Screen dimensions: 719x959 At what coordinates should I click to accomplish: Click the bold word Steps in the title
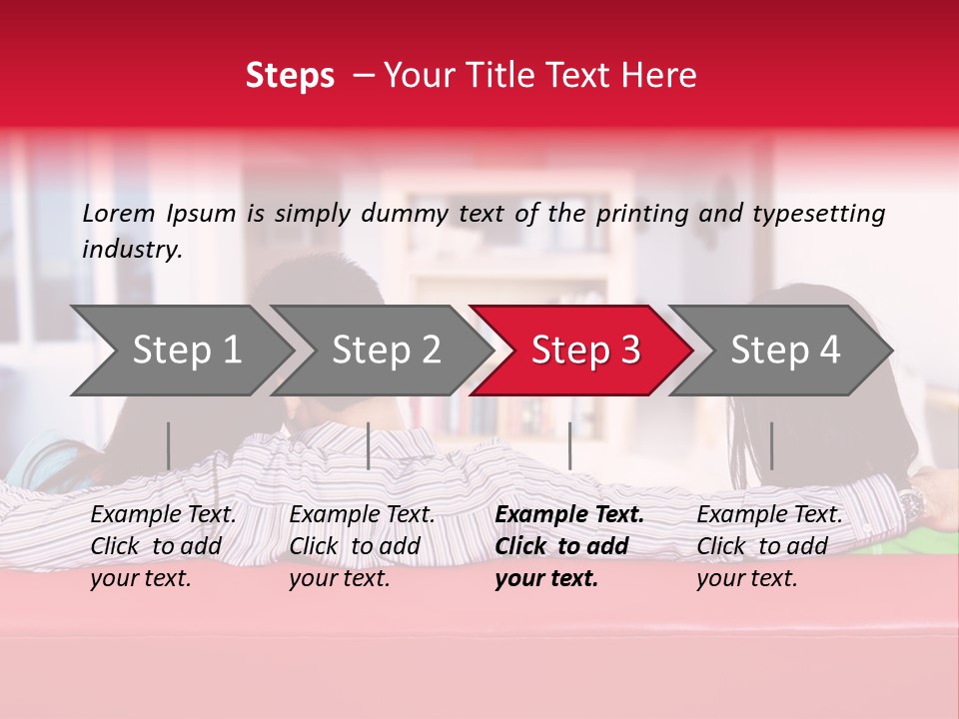click(x=290, y=75)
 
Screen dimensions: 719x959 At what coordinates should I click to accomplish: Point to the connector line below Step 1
click(x=169, y=445)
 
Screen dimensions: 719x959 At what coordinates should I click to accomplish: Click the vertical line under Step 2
click(x=369, y=445)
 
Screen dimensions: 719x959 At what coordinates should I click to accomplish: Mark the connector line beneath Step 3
click(x=569, y=445)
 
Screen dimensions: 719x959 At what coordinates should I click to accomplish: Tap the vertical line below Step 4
click(x=771, y=445)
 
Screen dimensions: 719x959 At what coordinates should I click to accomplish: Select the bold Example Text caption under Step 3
click(x=569, y=546)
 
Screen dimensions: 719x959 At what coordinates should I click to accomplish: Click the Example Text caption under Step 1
click(x=163, y=546)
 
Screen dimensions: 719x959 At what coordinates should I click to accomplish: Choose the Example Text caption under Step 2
click(x=362, y=546)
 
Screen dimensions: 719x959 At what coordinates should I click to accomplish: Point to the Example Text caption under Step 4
click(x=769, y=546)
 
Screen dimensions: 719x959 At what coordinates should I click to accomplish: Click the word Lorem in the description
click(x=119, y=213)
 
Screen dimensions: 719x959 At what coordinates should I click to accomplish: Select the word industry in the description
click(x=132, y=249)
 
